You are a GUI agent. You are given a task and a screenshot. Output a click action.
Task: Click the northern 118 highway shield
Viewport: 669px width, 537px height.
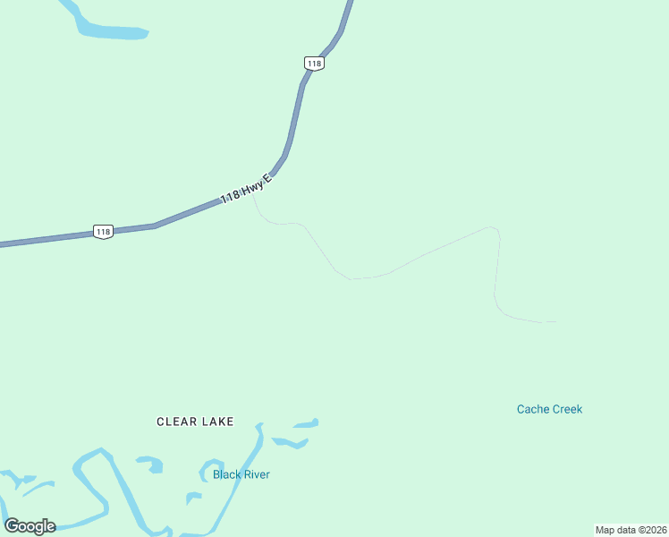click(313, 63)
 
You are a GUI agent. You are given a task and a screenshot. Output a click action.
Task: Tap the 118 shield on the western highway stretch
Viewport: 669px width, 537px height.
click(103, 232)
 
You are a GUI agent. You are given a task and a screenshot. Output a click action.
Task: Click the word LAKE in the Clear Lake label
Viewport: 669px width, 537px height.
click(218, 422)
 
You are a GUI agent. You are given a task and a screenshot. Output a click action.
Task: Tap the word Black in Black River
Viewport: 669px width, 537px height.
click(226, 474)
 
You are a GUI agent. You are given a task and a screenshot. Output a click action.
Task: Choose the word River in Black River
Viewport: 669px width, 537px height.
click(257, 474)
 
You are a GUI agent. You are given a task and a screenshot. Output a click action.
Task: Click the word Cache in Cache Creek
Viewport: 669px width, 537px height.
click(533, 409)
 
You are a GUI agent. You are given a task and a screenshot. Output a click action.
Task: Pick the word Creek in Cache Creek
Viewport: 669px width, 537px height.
click(567, 409)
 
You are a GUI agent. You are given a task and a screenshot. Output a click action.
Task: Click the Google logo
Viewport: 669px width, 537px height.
click(30, 526)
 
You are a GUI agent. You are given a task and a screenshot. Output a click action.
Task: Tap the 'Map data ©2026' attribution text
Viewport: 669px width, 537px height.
click(631, 530)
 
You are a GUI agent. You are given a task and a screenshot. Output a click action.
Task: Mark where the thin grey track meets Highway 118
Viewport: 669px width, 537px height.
click(254, 192)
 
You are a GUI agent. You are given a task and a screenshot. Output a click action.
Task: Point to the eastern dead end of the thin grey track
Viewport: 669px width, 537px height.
click(556, 321)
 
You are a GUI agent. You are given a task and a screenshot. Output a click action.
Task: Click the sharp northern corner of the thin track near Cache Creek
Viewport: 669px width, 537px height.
click(493, 227)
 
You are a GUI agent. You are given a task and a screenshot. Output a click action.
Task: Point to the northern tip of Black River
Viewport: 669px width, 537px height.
click(259, 426)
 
